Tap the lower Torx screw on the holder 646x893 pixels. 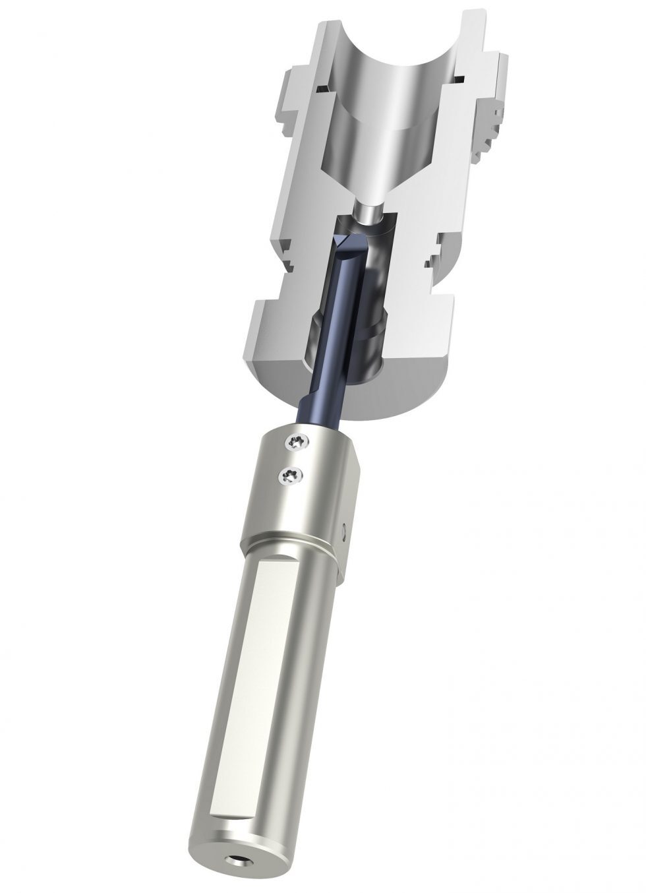coord(289,473)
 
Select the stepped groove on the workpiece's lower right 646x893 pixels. coord(435,261)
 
